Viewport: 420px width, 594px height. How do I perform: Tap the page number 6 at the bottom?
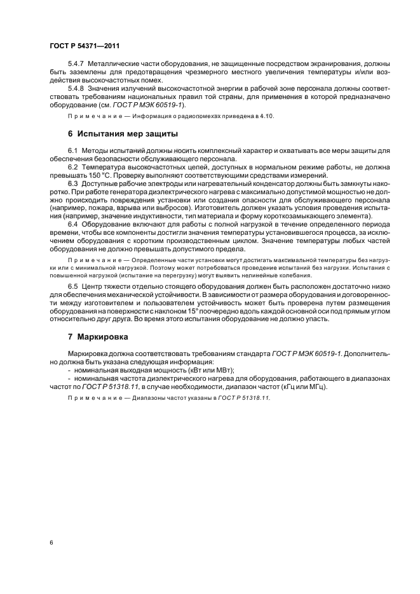coord(51,543)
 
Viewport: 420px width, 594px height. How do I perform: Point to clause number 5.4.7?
coord(77,64)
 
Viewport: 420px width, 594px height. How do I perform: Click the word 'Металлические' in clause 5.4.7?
coord(116,64)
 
